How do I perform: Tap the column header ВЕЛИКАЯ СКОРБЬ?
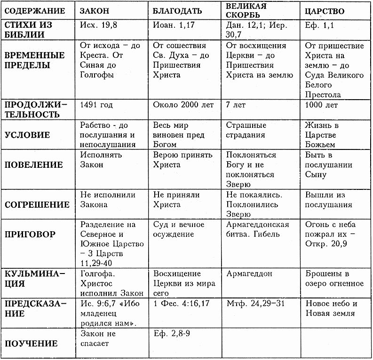246,10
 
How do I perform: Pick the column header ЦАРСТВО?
325,11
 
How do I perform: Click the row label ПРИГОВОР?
30,234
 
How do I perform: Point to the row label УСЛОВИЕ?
27,135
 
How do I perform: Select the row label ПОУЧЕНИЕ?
31,344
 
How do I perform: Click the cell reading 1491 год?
97,105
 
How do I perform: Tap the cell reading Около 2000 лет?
183,105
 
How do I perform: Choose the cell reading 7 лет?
236,105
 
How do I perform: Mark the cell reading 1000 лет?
321,105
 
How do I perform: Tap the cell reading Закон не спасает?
98,338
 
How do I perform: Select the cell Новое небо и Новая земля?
331,308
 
